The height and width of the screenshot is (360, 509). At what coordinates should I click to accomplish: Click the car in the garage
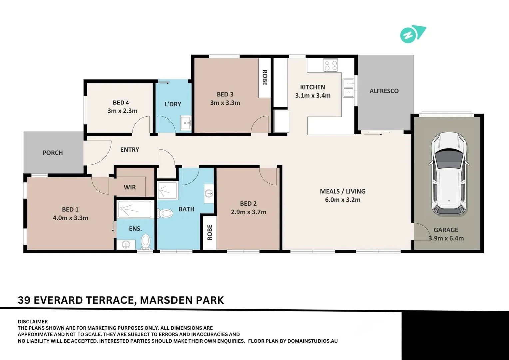click(x=449, y=174)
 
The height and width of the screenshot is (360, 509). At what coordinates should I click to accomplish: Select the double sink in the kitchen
click(x=348, y=88)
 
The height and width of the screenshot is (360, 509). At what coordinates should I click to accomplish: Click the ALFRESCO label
click(x=384, y=91)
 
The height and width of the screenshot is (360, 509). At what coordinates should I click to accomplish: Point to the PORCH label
click(x=53, y=153)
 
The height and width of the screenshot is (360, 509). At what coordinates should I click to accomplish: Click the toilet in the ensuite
click(x=146, y=242)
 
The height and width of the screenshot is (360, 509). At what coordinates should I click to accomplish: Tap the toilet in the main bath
click(x=165, y=213)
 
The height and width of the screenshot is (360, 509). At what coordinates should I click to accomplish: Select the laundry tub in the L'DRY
click(x=186, y=123)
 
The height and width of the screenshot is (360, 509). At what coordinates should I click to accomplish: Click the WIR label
click(x=130, y=187)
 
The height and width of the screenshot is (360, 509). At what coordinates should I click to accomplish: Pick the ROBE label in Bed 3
click(x=265, y=78)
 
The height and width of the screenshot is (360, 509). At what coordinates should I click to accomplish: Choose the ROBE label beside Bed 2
click(x=210, y=232)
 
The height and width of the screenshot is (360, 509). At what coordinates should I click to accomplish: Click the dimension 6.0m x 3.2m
click(x=343, y=200)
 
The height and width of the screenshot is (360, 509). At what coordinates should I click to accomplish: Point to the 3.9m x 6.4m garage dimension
click(x=446, y=238)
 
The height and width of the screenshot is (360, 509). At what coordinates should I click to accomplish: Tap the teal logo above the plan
click(x=413, y=34)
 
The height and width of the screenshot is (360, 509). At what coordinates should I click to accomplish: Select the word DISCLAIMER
click(x=33, y=322)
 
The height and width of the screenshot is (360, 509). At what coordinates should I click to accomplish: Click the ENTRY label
click(x=130, y=150)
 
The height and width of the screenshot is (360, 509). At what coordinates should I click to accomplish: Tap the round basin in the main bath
click(x=209, y=194)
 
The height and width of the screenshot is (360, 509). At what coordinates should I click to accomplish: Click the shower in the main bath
click(x=167, y=191)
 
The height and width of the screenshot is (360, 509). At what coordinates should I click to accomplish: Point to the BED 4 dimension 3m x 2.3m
click(x=122, y=111)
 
